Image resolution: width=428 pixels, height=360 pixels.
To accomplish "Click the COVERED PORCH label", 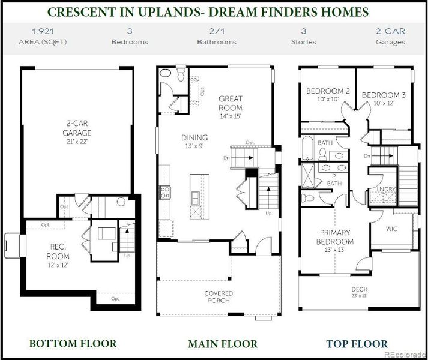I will [218, 296].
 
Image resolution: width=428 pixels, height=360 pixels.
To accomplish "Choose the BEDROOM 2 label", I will [324, 91].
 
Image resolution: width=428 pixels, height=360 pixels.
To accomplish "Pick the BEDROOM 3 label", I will [384, 95].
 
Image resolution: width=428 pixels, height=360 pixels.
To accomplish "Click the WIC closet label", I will [393, 229].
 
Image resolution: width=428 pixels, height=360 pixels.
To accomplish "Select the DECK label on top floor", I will [360, 289].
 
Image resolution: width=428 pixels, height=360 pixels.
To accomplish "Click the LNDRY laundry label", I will [386, 190].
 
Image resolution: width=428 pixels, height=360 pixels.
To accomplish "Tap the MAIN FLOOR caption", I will [222, 344].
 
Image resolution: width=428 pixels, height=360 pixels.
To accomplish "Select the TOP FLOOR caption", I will [358, 344].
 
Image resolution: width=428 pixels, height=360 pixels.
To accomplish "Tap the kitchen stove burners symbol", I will [164, 192].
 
